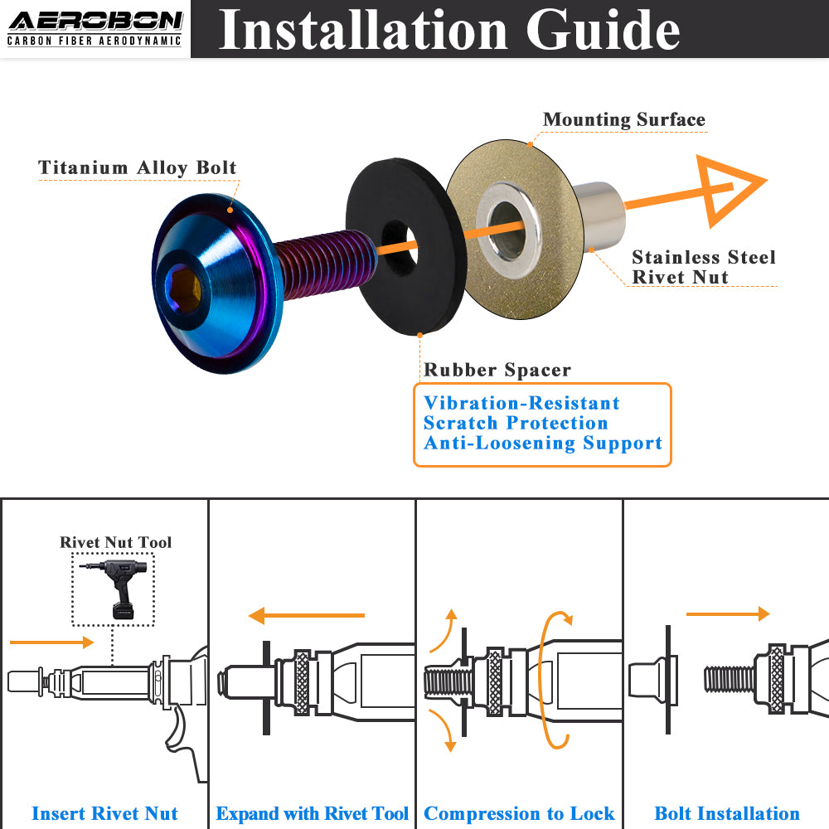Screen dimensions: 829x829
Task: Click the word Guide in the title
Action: [x=603, y=30]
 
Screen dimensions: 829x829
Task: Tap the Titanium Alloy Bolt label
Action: [x=138, y=167]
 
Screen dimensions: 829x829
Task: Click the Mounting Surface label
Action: [x=623, y=120]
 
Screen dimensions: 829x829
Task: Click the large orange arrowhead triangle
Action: [x=730, y=191]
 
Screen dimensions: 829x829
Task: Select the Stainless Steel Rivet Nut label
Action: [x=703, y=267]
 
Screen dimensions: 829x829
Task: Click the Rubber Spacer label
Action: [x=497, y=370]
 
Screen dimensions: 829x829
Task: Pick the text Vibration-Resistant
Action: [x=521, y=404]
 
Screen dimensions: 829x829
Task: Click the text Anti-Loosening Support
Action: [x=543, y=444]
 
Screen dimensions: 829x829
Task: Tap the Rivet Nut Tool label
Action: [x=115, y=542]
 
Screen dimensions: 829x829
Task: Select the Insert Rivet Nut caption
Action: [x=104, y=814]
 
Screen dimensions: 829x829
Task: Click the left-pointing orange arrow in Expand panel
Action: [x=307, y=616]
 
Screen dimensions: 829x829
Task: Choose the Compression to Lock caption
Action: [x=519, y=814]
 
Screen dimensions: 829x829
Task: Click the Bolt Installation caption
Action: [x=727, y=814]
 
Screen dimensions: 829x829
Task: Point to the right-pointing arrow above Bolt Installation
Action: [x=728, y=614]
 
